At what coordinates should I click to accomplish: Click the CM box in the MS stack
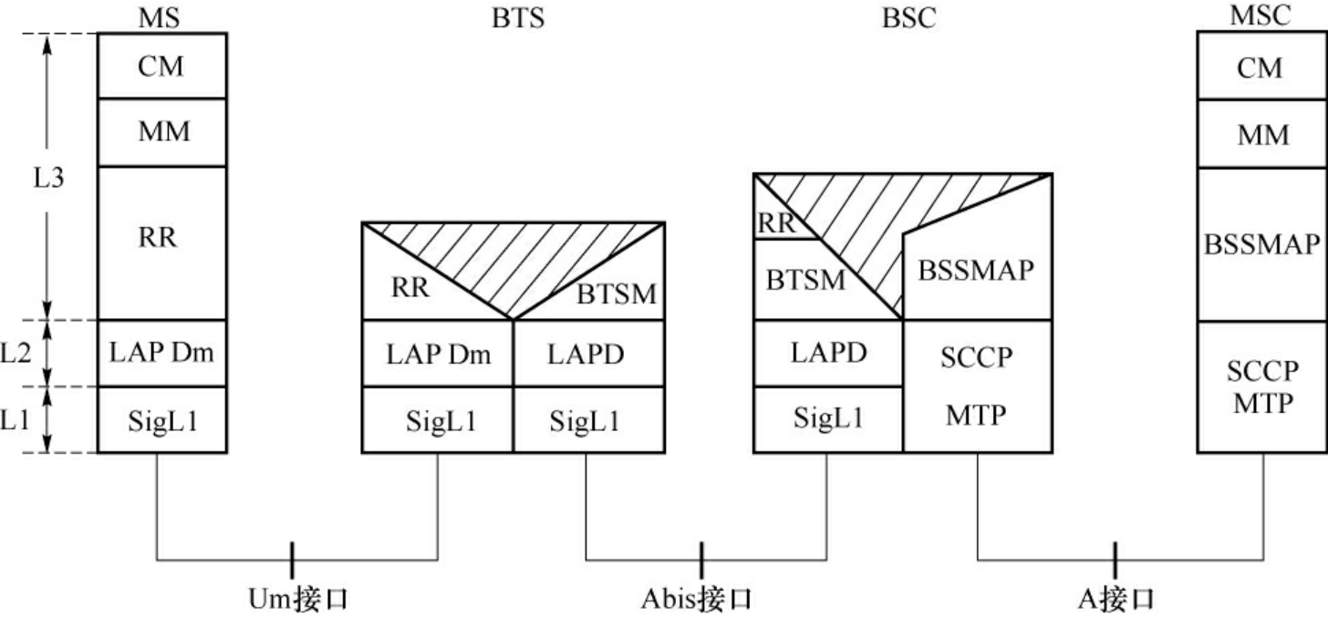(161, 67)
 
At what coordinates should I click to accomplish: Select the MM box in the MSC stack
(1263, 134)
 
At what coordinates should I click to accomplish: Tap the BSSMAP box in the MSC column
(1263, 243)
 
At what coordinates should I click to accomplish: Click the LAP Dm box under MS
(161, 353)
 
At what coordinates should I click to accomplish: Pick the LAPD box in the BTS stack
(587, 354)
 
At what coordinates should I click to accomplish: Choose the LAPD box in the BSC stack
(828, 353)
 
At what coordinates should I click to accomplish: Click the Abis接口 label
(697, 599)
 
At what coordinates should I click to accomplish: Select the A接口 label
(1115, 599)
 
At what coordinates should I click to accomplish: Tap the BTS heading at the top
(517, 18)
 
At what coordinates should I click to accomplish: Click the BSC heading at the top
(908, 18)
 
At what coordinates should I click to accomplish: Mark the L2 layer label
(17, 353)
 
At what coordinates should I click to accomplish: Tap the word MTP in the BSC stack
(977, 416)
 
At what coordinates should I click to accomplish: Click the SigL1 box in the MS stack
(161, 420)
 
